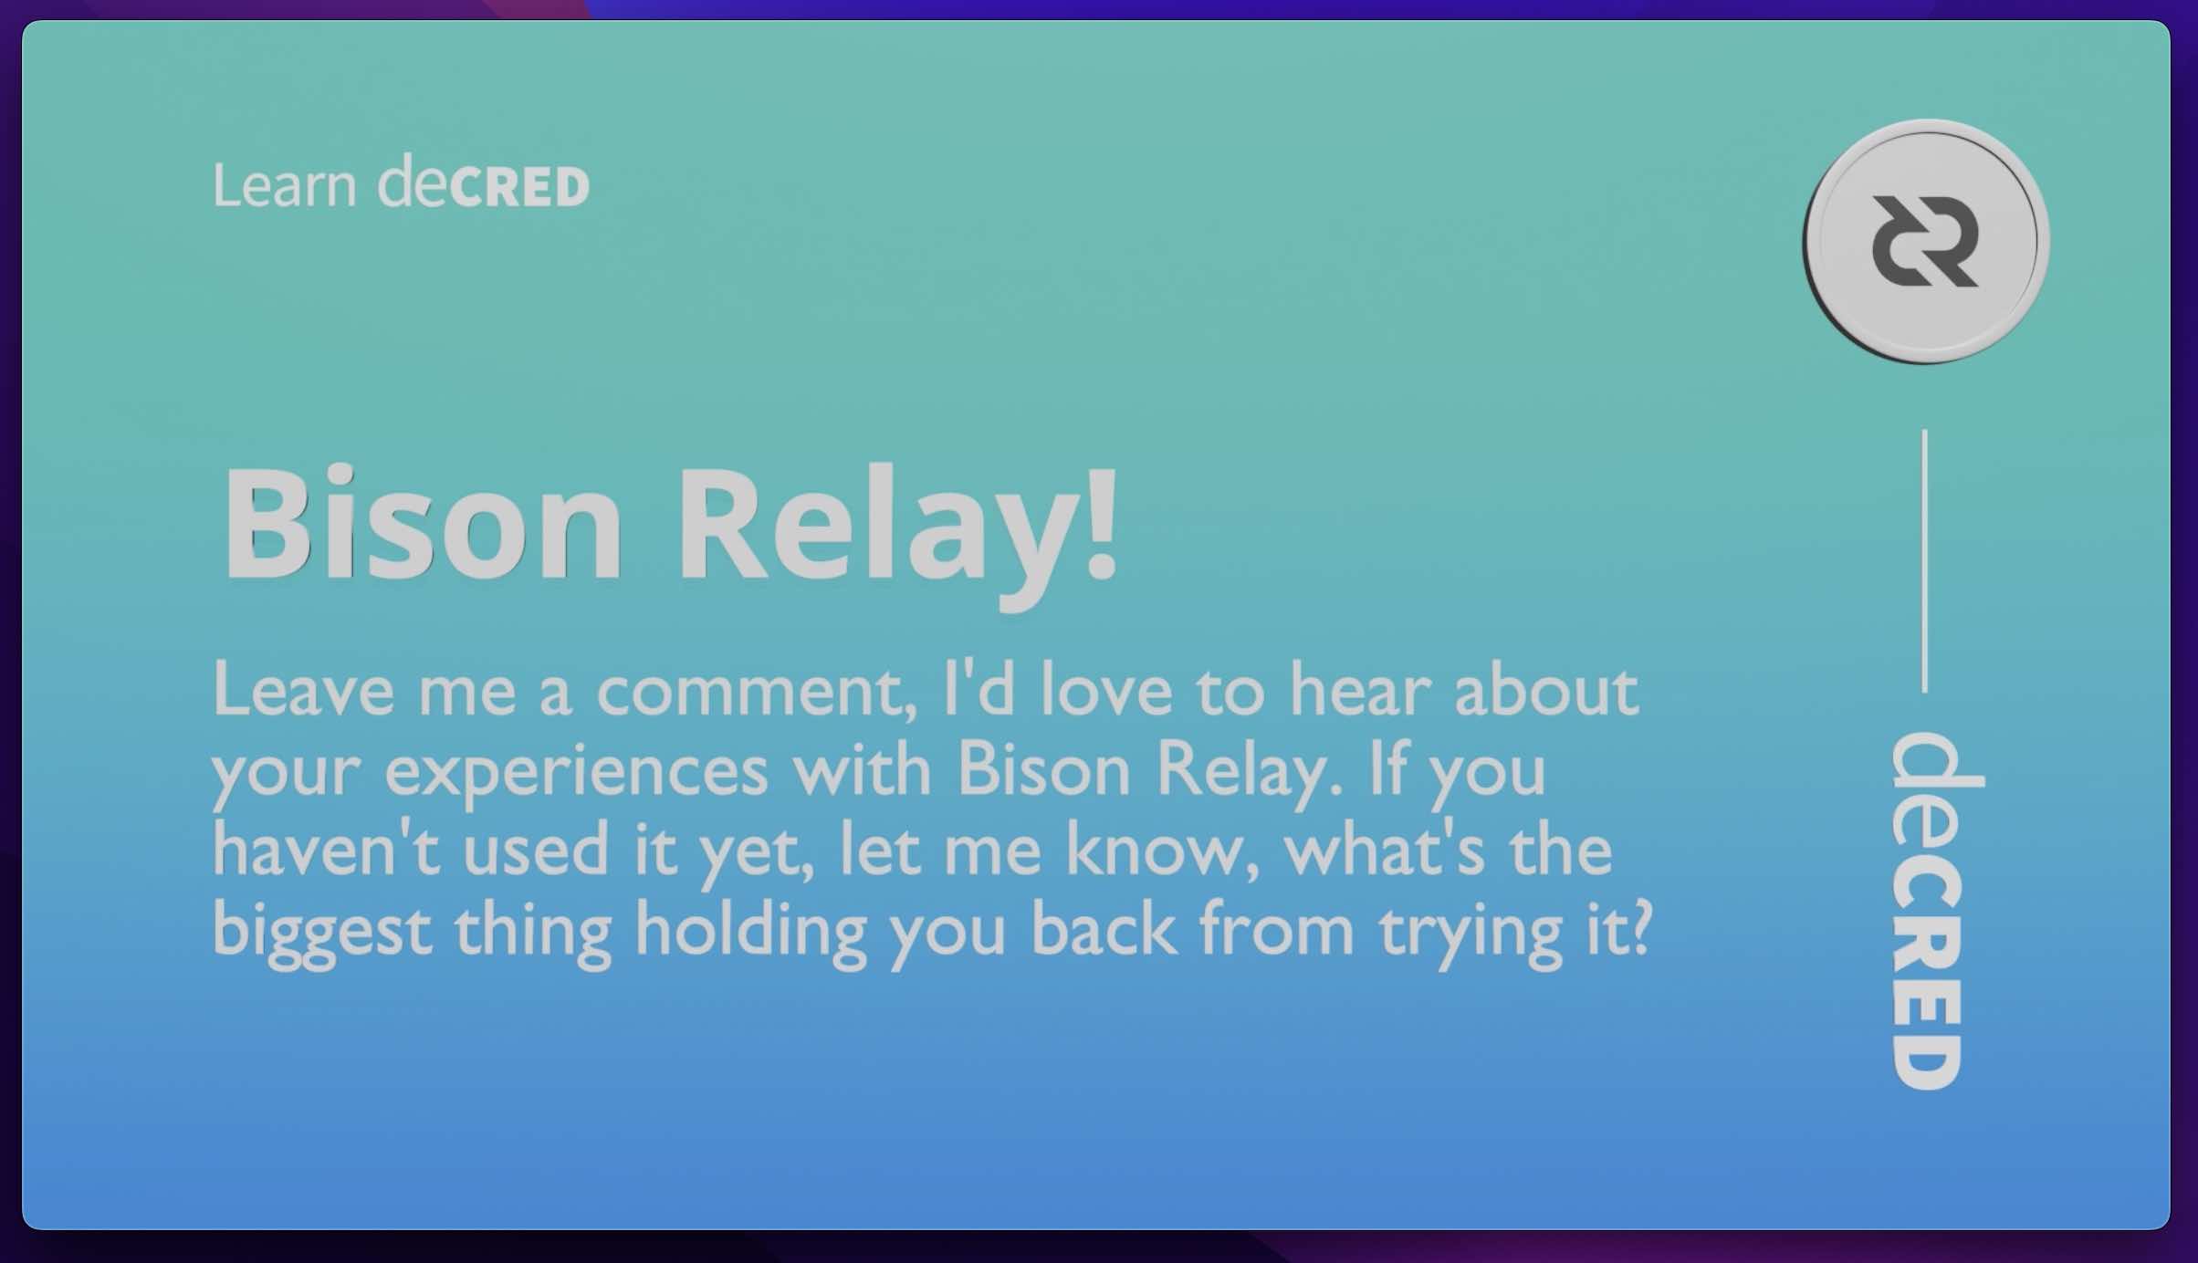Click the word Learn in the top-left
pyautogui.click(x=284, y=185)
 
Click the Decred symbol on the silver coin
pyautogui.click(x=1925, y=242)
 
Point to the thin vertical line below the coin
pyautogui.click(x=1925, y=561)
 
